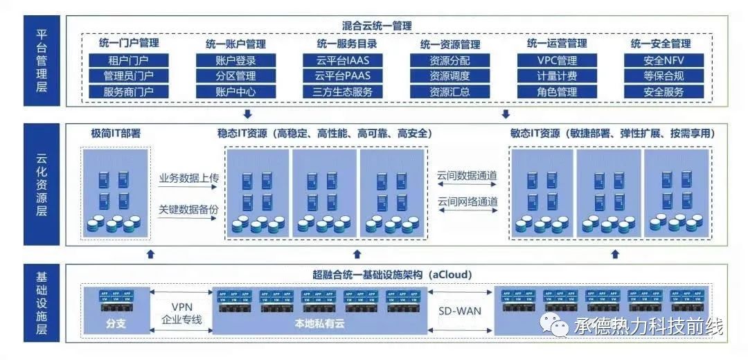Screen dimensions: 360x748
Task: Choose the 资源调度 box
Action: pyautogui.click(x=449, y=76)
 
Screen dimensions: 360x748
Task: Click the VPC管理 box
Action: pyautogui.click(x=556, y=60)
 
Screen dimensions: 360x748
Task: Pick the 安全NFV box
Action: pyautogui.click(x=663, y=60)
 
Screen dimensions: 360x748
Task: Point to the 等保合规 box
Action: pyautogui.click(x=663, y=76)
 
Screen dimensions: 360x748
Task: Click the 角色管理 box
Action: pyautogui.click(x=556, y=91)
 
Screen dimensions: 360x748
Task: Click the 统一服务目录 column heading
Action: pyautogui.click(x=343, y=44)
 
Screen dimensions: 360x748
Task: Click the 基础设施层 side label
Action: pyautogui.click(x=41, y=303)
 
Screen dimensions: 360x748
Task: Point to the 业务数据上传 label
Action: pyautogui.click(x=188, y=179)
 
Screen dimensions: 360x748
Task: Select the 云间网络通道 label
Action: pyautogui.click(x=467, y=201)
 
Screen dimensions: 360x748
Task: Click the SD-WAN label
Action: pyautogui.click(x=460, y=311)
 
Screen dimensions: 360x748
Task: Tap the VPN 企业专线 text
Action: pyautogui.click(x=181, y=313)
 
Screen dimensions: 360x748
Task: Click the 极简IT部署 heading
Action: pyautogui.click(x=116, y=133)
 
